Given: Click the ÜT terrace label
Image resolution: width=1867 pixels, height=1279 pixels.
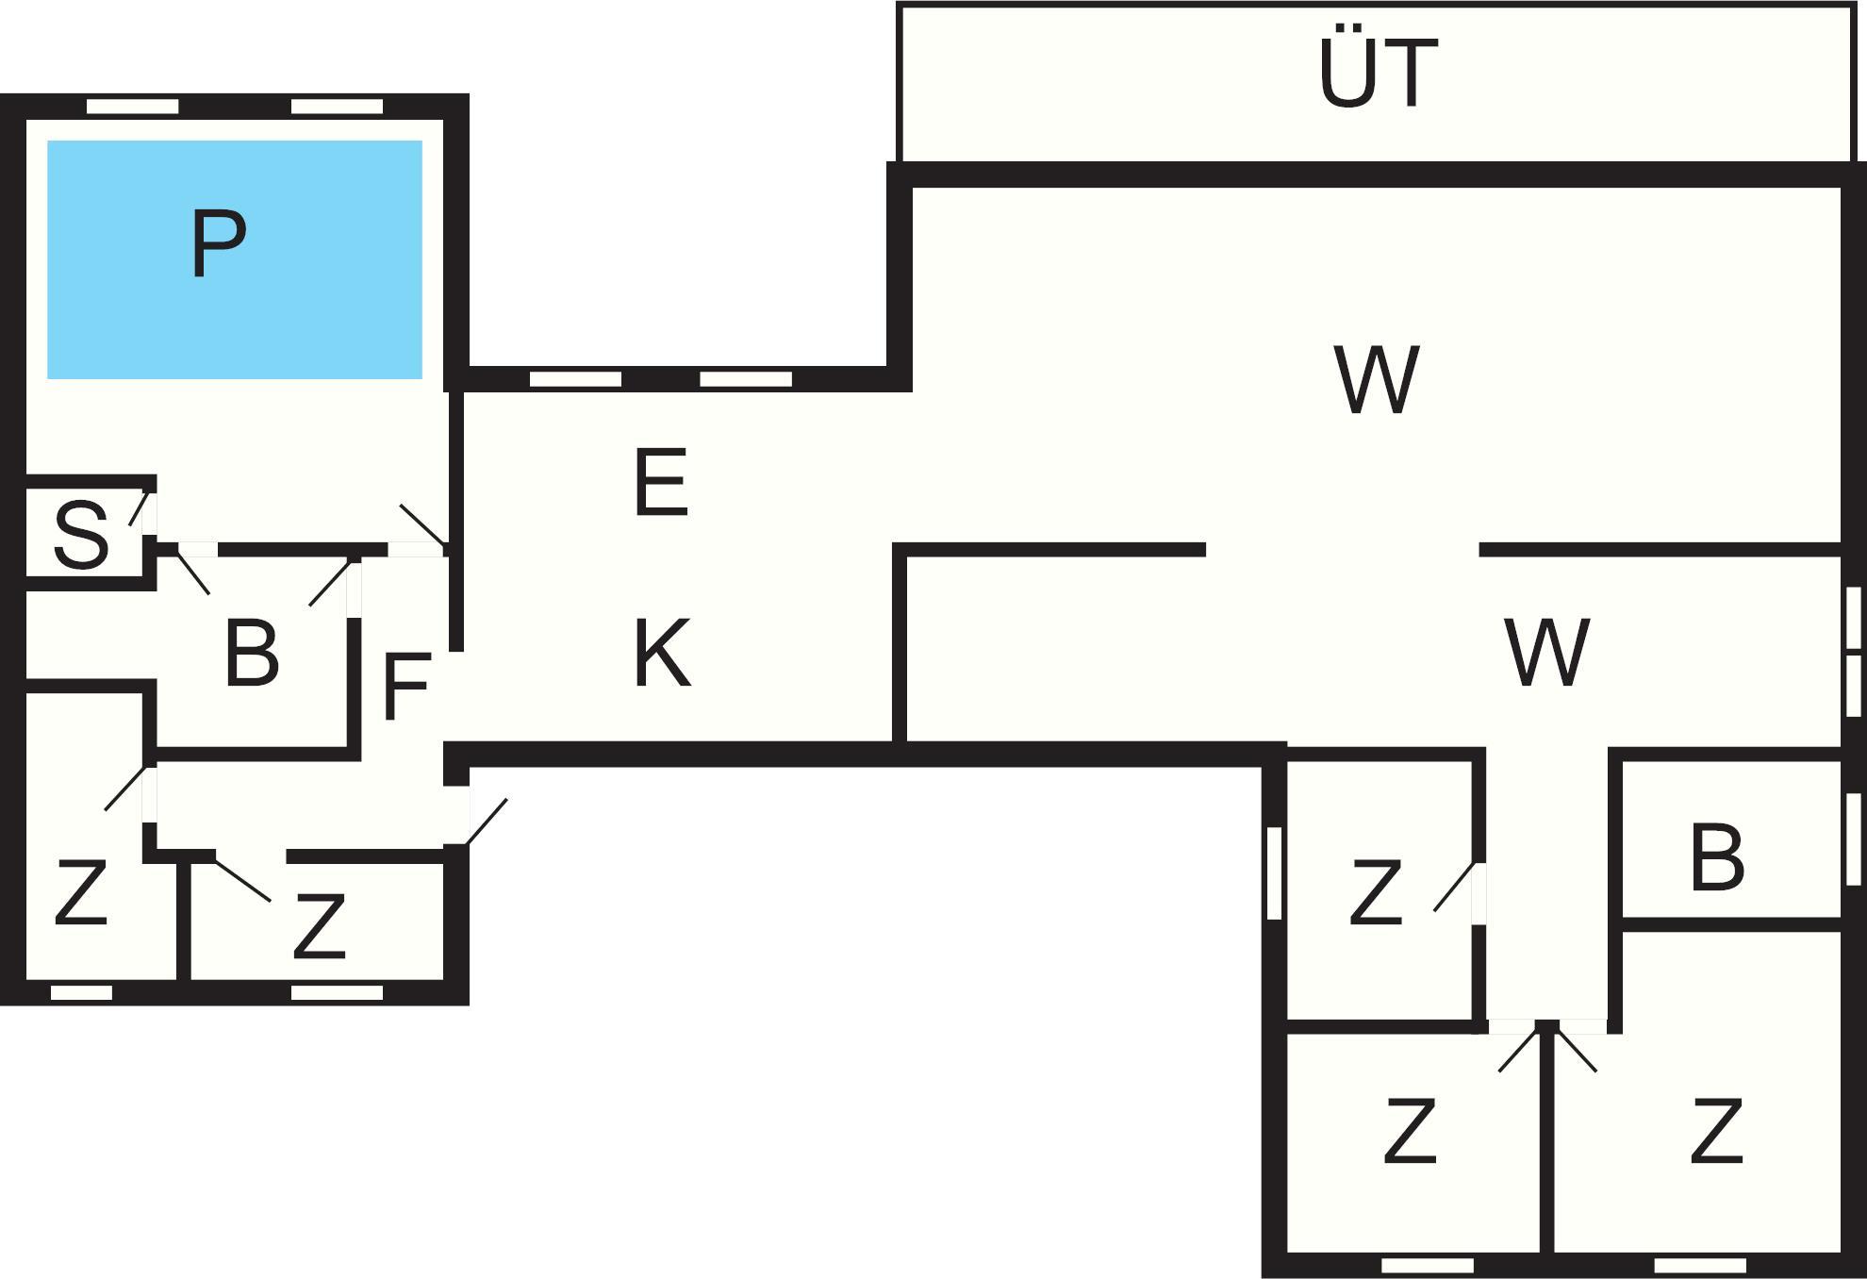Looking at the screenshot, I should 1378,74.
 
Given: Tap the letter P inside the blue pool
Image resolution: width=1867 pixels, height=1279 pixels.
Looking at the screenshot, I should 218,243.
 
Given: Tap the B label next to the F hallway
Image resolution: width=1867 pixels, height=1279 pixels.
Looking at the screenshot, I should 252,654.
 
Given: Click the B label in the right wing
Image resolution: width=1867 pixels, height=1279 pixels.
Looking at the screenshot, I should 1716,858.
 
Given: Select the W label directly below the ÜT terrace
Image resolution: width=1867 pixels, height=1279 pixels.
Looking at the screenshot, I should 1377,379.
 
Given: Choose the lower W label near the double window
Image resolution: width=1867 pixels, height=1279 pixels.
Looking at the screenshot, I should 1547,653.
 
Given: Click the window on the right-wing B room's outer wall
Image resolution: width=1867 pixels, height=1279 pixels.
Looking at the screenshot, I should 1853,839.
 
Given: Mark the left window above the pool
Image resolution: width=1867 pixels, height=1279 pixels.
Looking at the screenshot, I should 132,107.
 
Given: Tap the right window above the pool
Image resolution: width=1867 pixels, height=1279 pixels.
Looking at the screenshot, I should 337,107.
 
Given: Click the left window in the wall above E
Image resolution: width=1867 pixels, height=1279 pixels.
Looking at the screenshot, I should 575,379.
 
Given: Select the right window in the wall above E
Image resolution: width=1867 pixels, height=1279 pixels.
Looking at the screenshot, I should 745,379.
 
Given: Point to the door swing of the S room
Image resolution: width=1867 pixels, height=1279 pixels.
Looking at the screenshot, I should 140,507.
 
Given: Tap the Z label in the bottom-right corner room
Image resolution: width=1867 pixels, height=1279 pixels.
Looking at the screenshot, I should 1715,1132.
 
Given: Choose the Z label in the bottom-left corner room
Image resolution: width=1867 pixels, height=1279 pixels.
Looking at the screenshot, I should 81,892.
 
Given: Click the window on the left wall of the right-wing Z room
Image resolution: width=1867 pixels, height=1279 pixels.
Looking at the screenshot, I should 1274,872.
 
